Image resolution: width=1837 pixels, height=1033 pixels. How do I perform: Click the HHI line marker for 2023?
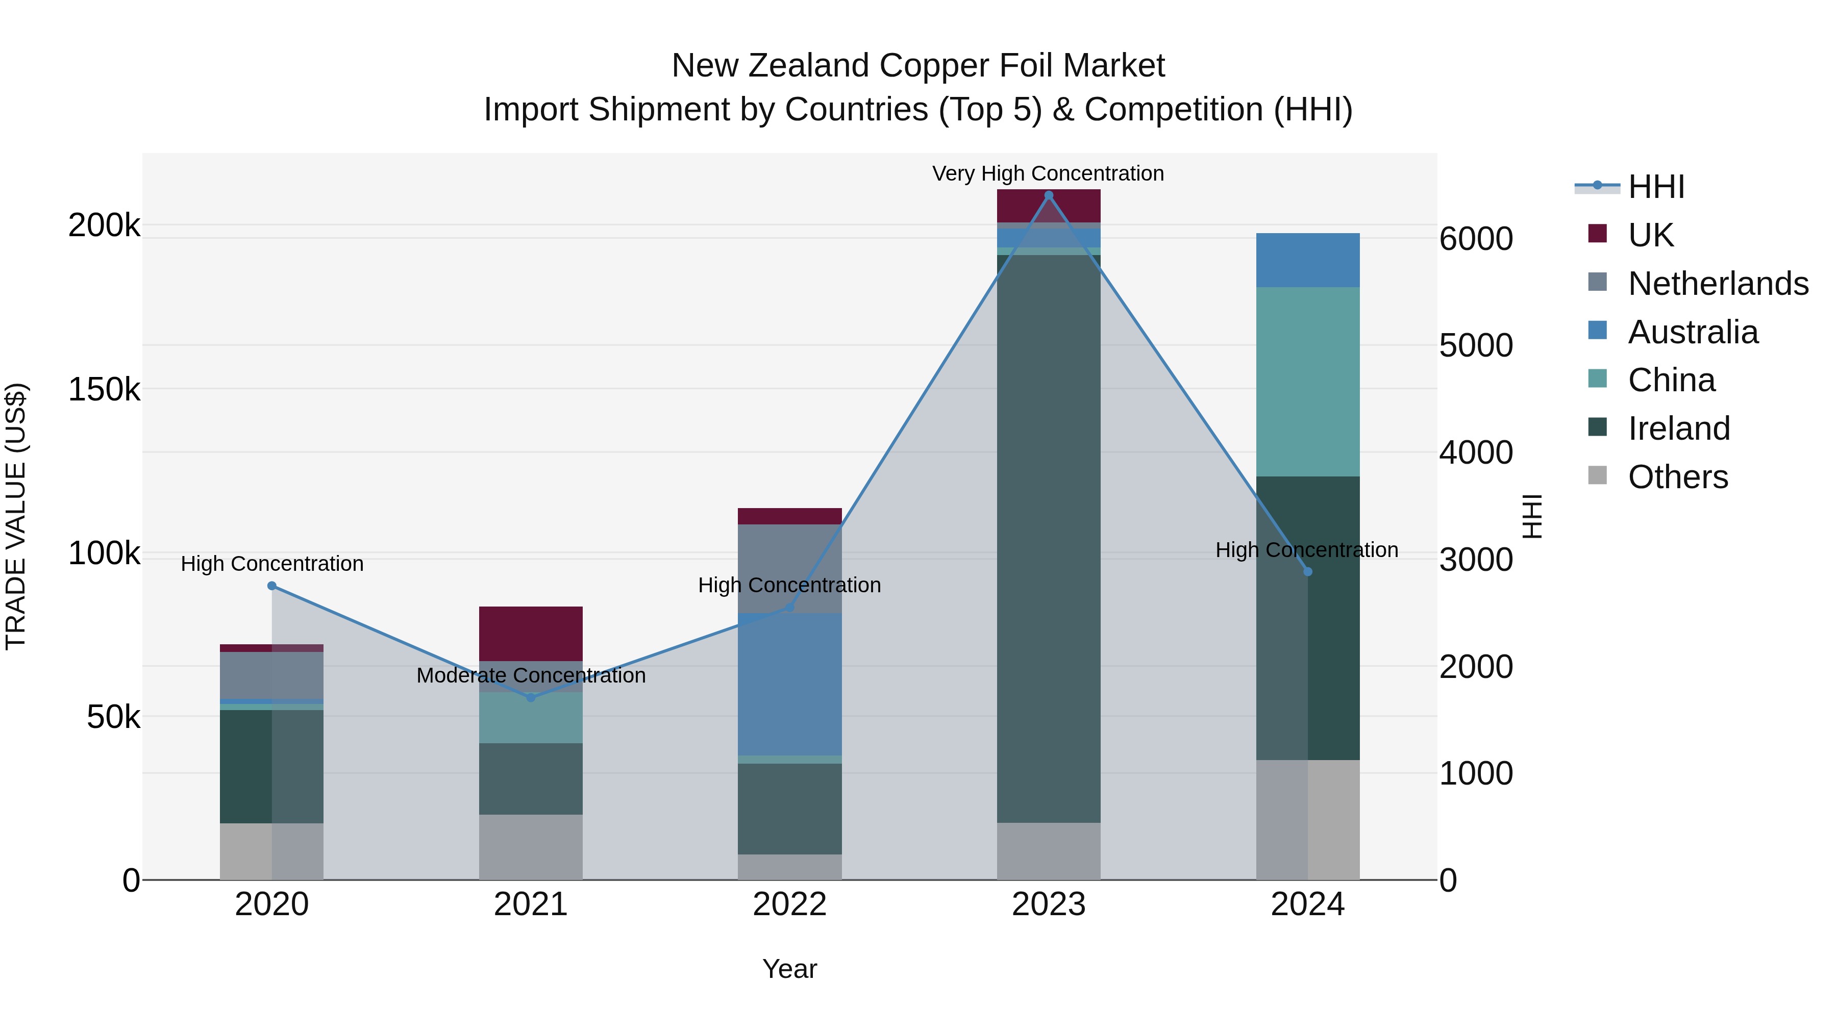1048,195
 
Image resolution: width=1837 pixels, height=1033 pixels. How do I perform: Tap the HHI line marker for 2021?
531,697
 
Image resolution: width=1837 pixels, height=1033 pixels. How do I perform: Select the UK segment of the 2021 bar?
531,633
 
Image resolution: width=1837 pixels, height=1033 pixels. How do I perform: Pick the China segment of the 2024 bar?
1307,382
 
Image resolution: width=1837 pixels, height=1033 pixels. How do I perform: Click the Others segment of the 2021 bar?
531,846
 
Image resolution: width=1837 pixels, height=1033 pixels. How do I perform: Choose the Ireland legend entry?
1679,429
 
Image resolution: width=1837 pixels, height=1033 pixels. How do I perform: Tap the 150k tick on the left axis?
104,389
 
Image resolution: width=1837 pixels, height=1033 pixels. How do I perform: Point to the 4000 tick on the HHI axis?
1475,452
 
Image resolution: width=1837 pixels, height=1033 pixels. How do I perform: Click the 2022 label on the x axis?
789,904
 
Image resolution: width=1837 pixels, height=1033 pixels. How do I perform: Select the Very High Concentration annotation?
1048,173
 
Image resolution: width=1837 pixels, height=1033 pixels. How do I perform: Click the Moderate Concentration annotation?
531,675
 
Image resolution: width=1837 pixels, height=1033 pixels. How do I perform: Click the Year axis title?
789,969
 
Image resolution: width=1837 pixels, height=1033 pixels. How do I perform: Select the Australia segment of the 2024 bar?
1307,260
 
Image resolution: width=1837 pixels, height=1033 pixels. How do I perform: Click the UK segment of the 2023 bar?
1048,206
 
